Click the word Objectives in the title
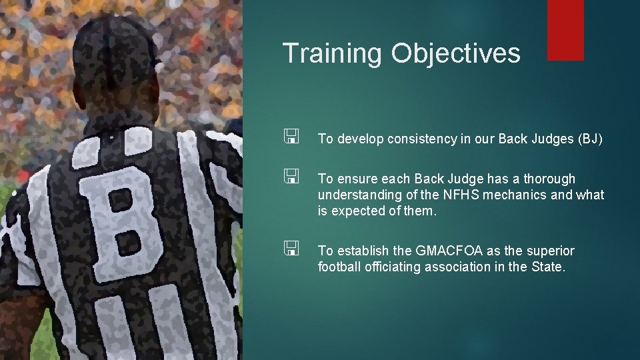tap(456, 53)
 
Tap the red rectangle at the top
tap(565, 29)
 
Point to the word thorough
tap(549, 179)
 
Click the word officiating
tap(389, 267)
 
